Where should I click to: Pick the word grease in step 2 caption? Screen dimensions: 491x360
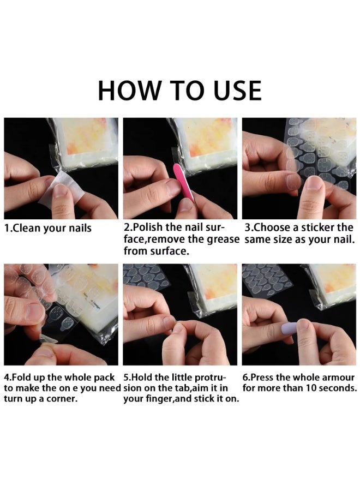pos(223,239)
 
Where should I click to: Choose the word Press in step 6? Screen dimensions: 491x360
pos(263,378)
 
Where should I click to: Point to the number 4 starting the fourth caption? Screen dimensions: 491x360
pos(7,378)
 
